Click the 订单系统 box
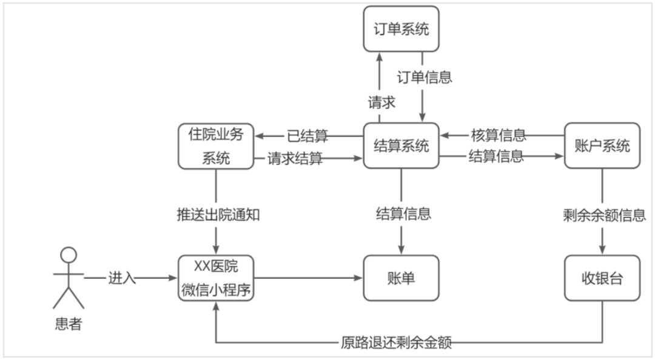(x=400, y=29)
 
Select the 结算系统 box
(x=400, y=146)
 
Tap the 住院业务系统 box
(x=215, y=146)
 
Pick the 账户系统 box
(x=602, y=146)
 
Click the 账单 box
(x=400, y=279)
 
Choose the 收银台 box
(x=602, y=279)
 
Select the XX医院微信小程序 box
(x=215, y=279)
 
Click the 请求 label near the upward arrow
(x=381, y=102)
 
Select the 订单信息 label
(x=424, y=77)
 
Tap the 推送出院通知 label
(x=215, y=214)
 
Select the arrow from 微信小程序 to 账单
(x=309, y=279)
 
